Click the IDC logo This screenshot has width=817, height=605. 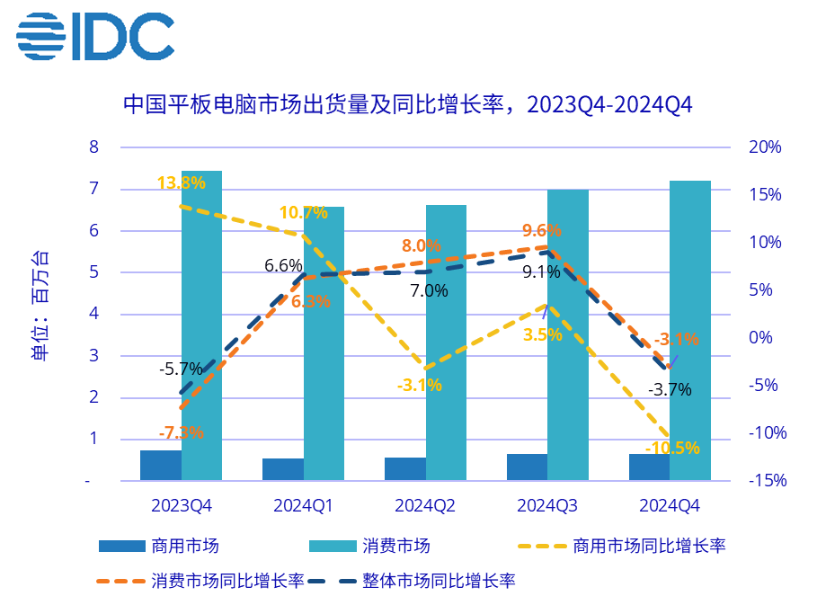94,37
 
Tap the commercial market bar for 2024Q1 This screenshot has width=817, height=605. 283,469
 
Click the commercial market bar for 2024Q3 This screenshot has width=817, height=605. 527,467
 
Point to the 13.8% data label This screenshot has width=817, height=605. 181,182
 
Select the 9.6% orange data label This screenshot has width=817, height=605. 541,230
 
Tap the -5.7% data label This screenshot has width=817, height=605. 181,369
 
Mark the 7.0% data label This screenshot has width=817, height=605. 429,290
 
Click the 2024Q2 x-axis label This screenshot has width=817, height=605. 425,506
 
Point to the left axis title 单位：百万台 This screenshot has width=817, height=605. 40,306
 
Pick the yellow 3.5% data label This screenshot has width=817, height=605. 542,334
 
